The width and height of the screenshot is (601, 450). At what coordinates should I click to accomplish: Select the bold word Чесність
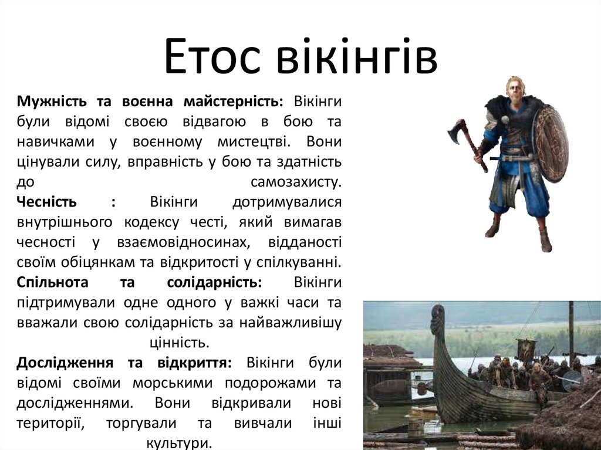(47, 202)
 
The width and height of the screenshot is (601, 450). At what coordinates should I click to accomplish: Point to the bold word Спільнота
(53, 282)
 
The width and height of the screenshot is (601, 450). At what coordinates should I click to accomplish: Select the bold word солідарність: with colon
(214, 282)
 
